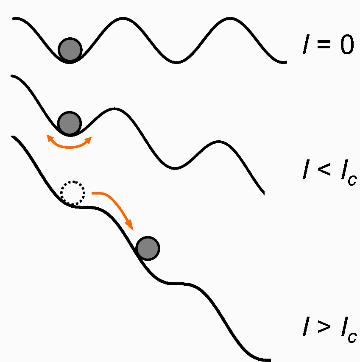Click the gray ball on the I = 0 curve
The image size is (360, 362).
pyautogui.click(x=70, y=49)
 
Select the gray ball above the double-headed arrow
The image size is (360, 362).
pyautogui.click(x=69, y=123)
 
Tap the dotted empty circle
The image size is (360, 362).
pyautogui.click(x=73, y=193)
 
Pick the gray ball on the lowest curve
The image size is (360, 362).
pyautogui.click(x=148, y=248)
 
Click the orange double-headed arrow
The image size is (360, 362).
pyautogui.click(x=69, y=145)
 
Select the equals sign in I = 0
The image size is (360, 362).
pyautogui.click(x=324, y=45)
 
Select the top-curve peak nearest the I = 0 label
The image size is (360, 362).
pyautogui.click(x=231, y=19)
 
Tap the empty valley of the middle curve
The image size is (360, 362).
pyautogui.click(x=173, y=168)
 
